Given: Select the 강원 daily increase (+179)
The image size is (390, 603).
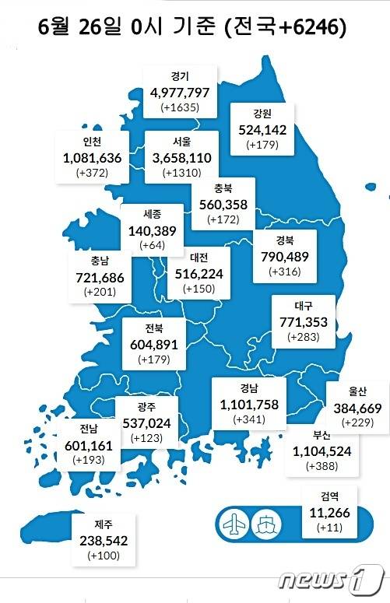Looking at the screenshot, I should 262,145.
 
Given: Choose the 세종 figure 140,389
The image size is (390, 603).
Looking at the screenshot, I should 153,230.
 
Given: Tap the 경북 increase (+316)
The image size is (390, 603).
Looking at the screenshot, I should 283,272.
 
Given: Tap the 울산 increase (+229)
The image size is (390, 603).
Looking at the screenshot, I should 357,422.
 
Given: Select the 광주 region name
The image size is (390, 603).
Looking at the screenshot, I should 147,406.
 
